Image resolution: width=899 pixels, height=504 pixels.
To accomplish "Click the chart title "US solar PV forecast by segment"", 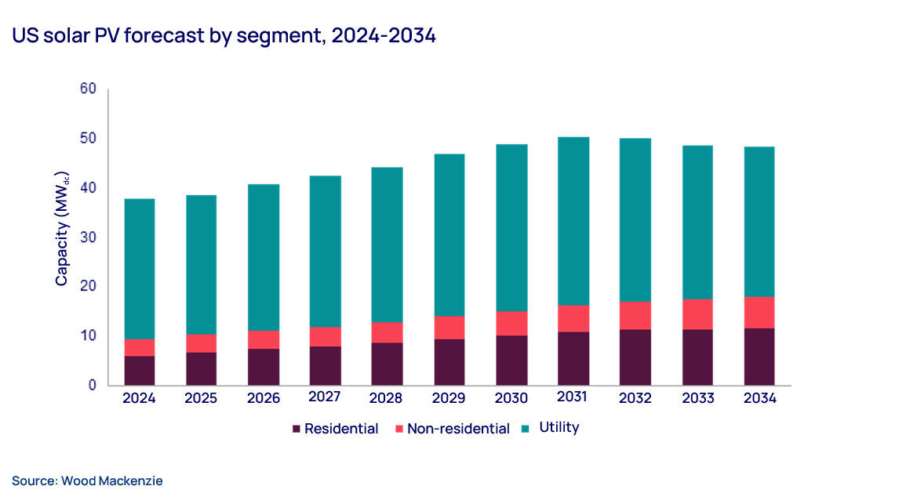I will (x=224, y=36).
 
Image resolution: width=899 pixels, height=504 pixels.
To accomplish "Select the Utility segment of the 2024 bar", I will (x=139, y=269).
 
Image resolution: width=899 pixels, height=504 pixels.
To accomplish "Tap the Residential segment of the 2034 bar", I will (x=759, y=357).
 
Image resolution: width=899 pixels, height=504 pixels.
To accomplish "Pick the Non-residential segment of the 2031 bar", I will (x=573, y=318).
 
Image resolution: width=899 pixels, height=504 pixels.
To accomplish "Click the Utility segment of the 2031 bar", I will (x=573, y=221).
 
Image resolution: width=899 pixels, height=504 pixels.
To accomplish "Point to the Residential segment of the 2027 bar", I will (x=325, y=365).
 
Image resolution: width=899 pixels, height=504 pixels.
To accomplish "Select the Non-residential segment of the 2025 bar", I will (x=201, y=343).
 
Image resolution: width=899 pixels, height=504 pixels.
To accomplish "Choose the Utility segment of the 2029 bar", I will (x=449, y=235).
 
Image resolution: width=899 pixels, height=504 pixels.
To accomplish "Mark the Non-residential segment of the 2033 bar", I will (x=697, y=314).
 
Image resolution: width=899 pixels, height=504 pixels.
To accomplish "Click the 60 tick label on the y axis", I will (x=88, y=89).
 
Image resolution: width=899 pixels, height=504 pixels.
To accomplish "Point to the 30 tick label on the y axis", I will (x=88, y=237).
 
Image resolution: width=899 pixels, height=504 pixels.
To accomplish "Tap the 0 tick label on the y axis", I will (x=92, y=385).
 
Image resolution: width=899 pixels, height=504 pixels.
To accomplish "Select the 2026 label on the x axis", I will (x=263, y=398).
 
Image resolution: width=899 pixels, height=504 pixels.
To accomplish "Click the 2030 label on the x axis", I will (x=511, y=398).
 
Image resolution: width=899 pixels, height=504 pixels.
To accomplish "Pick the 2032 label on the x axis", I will (x=635, y=398).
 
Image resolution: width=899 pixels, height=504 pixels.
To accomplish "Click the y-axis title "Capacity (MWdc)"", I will (x=62, y=228).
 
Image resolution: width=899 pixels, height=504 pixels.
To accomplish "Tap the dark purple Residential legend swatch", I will (x=297, y=429).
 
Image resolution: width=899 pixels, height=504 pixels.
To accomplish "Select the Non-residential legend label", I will (x=458, y=429).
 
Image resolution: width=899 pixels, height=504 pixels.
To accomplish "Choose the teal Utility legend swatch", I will (x=525, y=429).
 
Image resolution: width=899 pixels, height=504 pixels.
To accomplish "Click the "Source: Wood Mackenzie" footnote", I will (x=87, y=480).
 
